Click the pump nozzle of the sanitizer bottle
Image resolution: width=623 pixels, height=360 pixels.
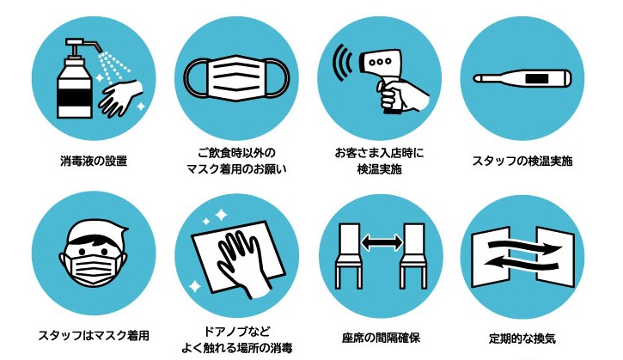(84, 44)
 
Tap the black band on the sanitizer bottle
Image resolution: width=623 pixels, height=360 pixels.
(75, 98)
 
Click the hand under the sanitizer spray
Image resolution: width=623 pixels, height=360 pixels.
(120, 96)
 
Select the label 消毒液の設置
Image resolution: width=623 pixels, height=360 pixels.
(94, 161)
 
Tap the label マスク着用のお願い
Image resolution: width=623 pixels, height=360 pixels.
(236, 169)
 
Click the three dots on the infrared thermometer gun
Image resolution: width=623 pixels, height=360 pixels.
(380, 62)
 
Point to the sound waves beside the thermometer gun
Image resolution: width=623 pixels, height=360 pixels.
(343, 63)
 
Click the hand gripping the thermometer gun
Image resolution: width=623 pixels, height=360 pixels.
(402, 95)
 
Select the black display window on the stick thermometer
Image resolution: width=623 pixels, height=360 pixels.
(536, 78)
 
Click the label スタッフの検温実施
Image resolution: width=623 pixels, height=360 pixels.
(522, 161)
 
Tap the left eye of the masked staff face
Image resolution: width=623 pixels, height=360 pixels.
(82, 251)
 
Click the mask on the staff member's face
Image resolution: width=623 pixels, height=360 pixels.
(92, 269)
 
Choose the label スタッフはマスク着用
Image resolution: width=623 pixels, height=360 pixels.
(94, 336)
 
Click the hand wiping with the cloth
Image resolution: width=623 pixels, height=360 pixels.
(243, 263)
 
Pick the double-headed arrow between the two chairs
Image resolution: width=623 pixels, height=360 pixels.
(382, 242)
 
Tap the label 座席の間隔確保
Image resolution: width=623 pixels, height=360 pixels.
(381, 339)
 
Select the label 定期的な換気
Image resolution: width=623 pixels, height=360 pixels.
(522, 339)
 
